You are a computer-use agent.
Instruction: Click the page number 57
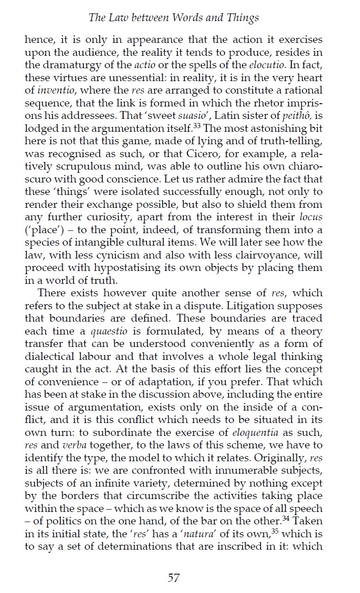pos(173,577)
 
